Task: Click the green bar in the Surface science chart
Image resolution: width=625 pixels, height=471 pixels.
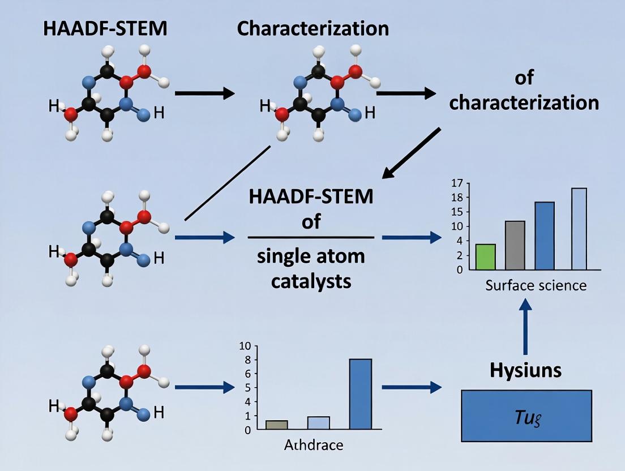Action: [485, 257]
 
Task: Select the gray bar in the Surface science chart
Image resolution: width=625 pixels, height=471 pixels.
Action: [515, 245]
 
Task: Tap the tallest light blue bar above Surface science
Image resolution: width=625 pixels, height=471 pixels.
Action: [579, 229]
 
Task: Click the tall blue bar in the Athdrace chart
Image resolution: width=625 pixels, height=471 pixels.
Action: [361, 394]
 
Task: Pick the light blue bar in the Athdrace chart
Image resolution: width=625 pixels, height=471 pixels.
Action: [318, 423]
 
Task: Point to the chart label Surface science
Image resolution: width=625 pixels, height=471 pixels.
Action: [536, 285]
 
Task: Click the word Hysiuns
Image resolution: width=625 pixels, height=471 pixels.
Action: [525, 370]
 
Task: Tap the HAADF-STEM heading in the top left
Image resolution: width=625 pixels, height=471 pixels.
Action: [105, 28]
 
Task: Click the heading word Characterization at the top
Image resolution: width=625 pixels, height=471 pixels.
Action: [313, 28]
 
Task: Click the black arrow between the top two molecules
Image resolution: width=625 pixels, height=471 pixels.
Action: [204, 92]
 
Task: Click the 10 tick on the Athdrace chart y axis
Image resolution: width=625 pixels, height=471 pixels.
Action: [244, 346]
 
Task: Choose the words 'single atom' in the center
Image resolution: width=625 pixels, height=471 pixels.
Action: [311, 256]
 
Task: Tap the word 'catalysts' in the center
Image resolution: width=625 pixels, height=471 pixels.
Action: [311, 281]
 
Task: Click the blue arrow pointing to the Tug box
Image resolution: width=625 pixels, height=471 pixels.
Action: [412, 387]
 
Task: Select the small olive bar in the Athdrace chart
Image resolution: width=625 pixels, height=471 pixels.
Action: [276, 425]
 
